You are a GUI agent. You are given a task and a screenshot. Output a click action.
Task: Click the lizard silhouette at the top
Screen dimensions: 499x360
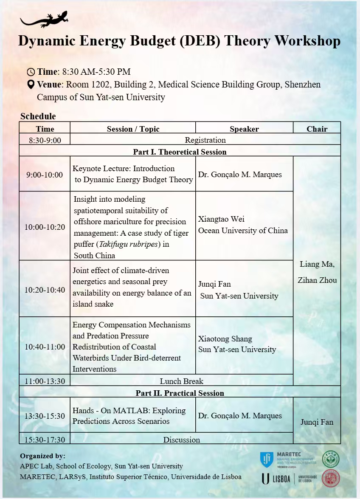(x=44, y=20)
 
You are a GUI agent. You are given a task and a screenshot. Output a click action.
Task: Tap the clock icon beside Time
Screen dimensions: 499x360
(x=31, y=72)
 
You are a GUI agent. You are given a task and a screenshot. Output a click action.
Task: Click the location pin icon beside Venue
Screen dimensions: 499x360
(x=31, y=85)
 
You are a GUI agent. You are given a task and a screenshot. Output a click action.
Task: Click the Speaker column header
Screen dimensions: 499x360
(x=244, y=129)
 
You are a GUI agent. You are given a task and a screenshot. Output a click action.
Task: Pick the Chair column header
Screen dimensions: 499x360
(x=317, y=129)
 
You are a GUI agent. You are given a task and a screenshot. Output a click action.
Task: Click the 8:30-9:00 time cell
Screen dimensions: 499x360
(x=45, y=140)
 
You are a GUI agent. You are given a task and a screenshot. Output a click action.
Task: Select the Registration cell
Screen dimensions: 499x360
(x=205, y=140)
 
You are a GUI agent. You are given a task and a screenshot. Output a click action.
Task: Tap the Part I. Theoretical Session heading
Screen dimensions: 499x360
(x=180, y=152)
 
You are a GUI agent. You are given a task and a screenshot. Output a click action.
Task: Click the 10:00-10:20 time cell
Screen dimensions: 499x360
(x=45, y=227)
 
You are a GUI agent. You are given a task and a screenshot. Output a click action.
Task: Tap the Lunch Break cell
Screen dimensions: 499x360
(x=181, y=381)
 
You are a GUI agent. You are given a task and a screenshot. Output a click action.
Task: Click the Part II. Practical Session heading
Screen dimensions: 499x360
(x=180, y=393)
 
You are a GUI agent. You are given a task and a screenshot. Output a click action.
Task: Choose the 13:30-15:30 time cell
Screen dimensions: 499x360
(x=45, y=416)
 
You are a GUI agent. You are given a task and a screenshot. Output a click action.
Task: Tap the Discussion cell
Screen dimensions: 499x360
(x=181, y=440)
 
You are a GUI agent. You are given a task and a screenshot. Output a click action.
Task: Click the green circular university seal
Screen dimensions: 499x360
(x=330, y=460)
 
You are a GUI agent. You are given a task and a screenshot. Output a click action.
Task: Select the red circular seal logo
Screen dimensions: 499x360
(x=330, y=479)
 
